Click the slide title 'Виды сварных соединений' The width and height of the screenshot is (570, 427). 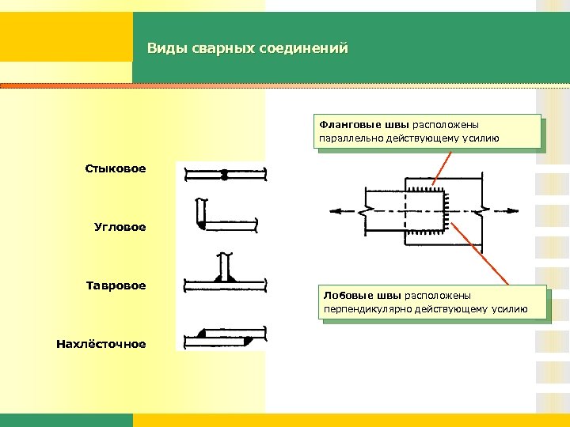click(x=247, y=50)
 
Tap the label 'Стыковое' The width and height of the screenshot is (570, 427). click(x=116, y=168)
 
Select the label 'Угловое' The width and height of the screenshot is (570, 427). click(x=120, y=227)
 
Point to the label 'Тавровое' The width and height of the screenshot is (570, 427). click(x=116, y=285)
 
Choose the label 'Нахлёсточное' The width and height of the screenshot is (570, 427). click(x=101, y=344)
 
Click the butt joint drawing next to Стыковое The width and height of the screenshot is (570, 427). click(x=224, y=175)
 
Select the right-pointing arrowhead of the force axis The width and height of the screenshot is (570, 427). click(x=513, y=211)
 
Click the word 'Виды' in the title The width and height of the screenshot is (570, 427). click(x=162, y=50)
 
